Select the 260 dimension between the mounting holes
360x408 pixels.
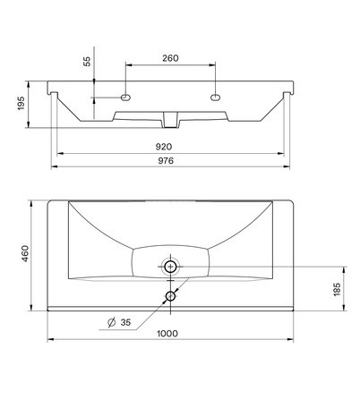170,58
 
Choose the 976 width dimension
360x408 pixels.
165,160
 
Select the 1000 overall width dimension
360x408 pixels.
167,334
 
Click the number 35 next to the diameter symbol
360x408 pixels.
124,321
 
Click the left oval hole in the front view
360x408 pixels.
124,95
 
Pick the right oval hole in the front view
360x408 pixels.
215,95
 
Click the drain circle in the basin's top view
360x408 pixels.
170,266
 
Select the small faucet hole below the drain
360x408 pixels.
170,295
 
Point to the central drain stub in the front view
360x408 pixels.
170,117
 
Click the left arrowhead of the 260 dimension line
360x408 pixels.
127,65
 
